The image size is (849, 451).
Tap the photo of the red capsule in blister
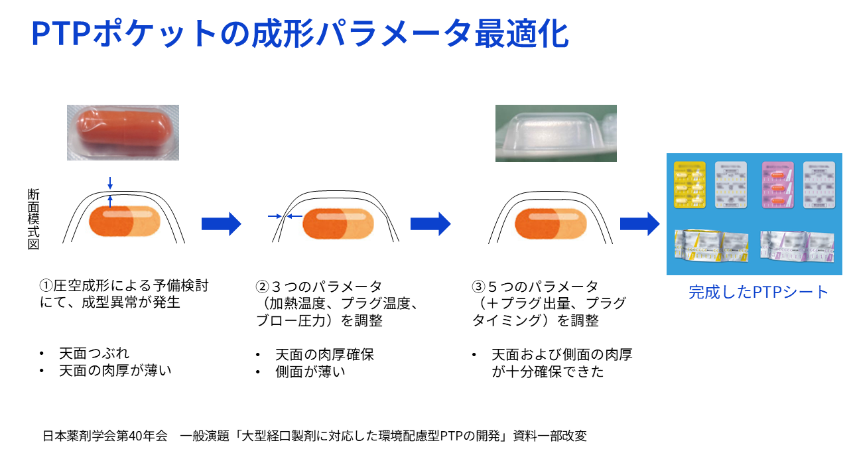(x=123, y=132)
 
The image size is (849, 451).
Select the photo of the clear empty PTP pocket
(x=556, y=133)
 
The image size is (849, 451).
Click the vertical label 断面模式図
(x=34, y=220)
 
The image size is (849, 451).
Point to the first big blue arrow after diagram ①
(x=221, y=224)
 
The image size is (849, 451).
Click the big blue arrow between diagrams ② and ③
(x=430, y=224)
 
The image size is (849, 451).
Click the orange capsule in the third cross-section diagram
(x=551, y=223)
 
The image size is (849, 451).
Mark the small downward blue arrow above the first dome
(x=110, y=182)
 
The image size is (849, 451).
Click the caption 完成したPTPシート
(x=759, y=292)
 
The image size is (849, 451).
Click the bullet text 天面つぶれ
(x=94, y=354)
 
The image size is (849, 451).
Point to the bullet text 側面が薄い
(x=310, y=371)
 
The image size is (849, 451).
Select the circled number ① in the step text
(x=46, y=287)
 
